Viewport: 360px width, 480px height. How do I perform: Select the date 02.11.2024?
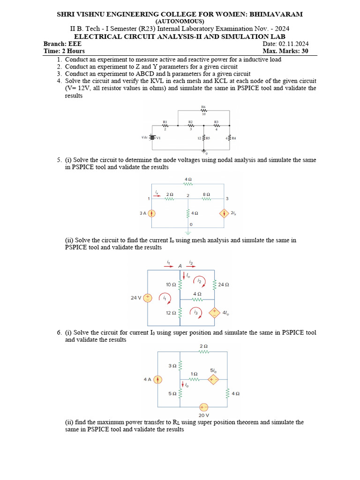click(x=292, y=44)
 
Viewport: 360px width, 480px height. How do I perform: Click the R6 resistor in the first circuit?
click(x=203, y=111)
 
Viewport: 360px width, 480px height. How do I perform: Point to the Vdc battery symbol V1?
click(x=152, y=138)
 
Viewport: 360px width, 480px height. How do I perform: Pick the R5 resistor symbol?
click(x=204, y=138)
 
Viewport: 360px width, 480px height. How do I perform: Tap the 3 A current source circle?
click(x=151, y=213)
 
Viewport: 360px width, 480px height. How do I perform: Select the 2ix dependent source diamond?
click(x=223, y=213)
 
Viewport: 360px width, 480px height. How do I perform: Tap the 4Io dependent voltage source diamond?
click(x=214, y=312)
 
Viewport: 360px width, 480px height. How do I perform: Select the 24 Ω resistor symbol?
click(x=214, y=284)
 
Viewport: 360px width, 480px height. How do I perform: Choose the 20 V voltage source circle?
click(x=203, y=407)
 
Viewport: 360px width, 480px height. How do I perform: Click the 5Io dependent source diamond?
click(x=214, y=379)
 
